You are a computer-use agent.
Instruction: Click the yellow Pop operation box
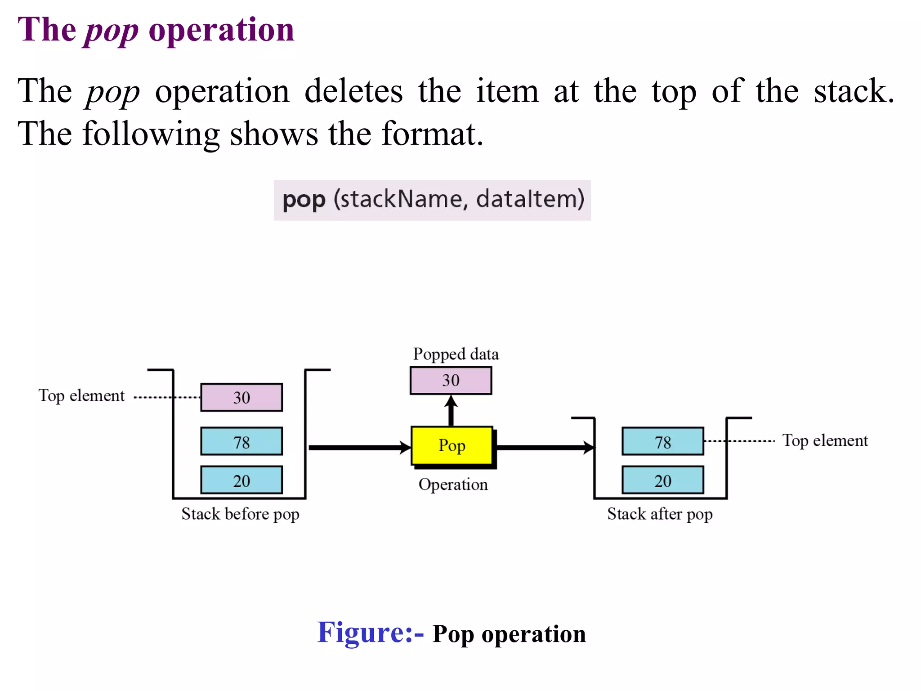452,445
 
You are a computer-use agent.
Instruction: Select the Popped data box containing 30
451,381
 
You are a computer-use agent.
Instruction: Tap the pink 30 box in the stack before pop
241,398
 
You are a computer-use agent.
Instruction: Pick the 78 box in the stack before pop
241,442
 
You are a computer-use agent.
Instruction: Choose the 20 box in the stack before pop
241,480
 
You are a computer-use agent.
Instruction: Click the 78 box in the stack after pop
662,442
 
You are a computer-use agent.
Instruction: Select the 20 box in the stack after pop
662,480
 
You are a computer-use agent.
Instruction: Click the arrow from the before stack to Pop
360,447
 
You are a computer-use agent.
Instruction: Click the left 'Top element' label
81,396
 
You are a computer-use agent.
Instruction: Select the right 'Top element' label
825,441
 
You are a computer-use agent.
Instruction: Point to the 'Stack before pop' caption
240,514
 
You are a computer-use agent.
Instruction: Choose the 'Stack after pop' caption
660,514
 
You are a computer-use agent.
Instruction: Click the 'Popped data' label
456,354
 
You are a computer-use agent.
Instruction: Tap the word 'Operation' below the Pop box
453,485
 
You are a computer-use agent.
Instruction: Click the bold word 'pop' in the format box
304,200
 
